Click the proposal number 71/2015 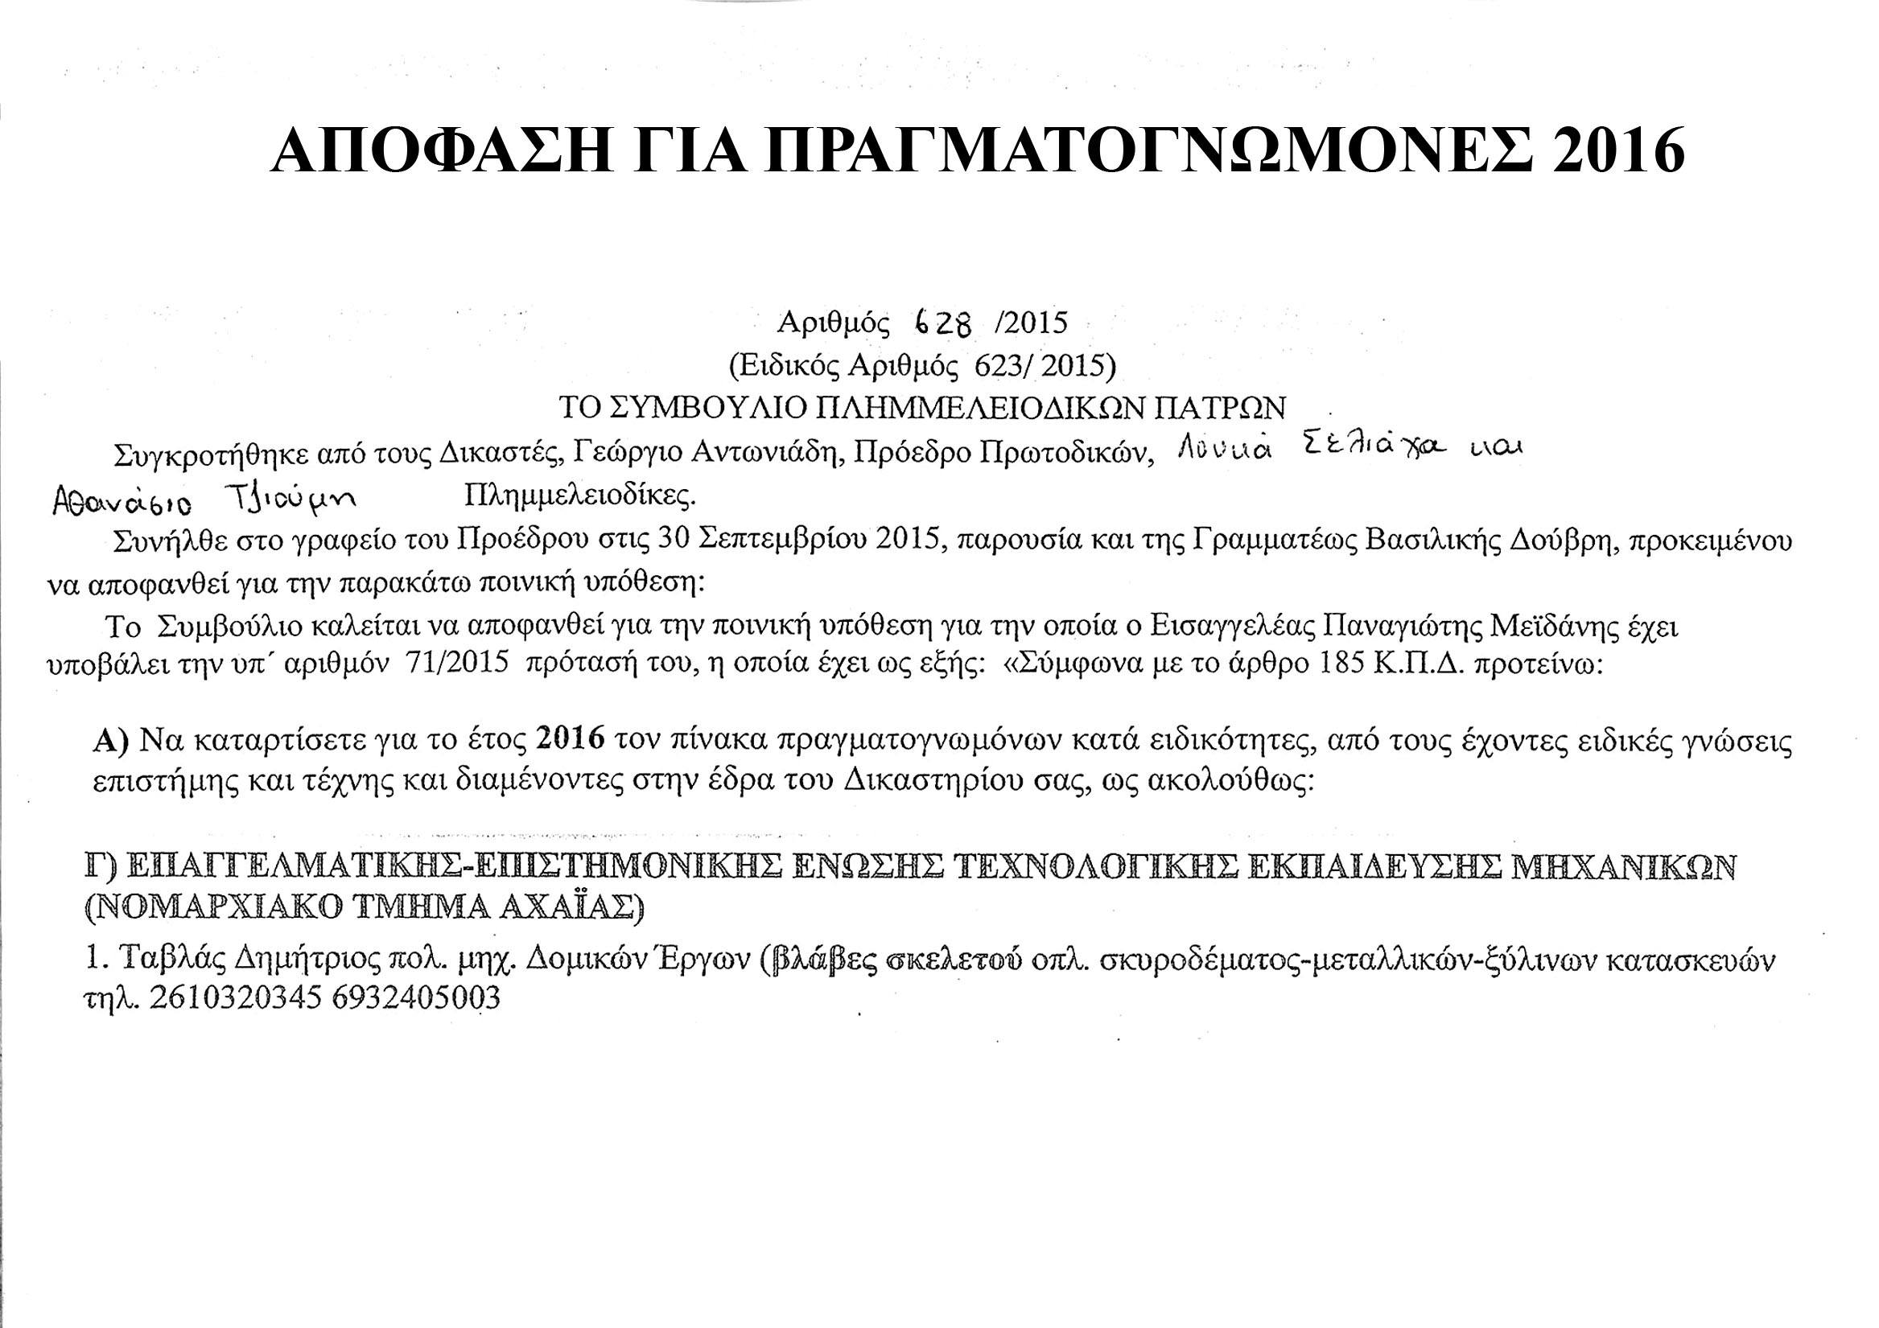tap(455, 664)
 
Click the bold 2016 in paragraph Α tap(570, 739)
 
